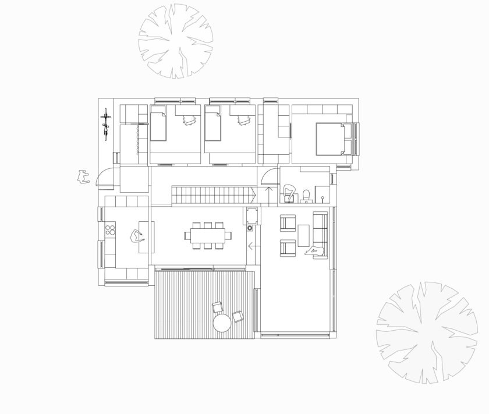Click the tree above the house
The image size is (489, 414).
pyautogui.click(x=176, y=41)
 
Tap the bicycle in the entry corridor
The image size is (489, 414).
pyautogui.click(x=105, y=125)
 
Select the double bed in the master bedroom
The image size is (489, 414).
pyautogui.click(x=331, y=139)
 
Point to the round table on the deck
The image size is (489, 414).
pyautogui.click(x=222, y=323)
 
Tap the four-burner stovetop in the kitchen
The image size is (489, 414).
pyautogui.click(x=110, y=230)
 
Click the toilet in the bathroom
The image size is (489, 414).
pyautogui.click(x=306, y=195)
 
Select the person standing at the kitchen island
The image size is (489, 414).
pyautogui.click(x=137, y=236)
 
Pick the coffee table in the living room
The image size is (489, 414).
pyautogui.click(x=303, y=235)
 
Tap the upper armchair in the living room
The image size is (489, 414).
pyautogui.click(x=288, y=223)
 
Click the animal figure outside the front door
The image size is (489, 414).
pyautogui.click(x=83, y=176)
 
